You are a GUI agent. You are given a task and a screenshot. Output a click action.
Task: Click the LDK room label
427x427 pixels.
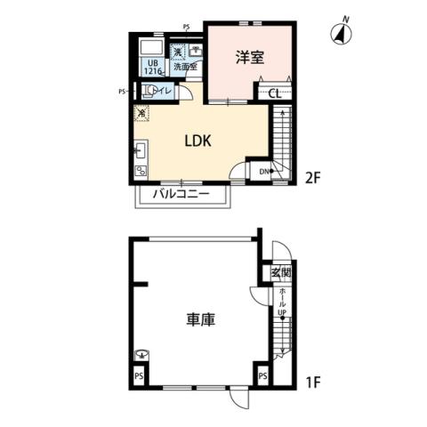pyautogui.click(x=198, y=141)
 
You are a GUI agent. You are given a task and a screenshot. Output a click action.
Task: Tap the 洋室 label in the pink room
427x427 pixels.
pyautogui.click(x=249, y=57)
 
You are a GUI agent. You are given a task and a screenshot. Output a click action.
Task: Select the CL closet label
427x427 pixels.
pyautogui.click(x=275, y=92)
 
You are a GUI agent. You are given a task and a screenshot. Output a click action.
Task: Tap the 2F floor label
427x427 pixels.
pyautogui.click(x=312, y=177)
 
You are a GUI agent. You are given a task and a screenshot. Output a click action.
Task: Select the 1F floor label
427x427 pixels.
pyautogui.click(x=311, y=383)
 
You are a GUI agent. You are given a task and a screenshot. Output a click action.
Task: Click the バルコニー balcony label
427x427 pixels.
pyautogui.click(x=181, y=193)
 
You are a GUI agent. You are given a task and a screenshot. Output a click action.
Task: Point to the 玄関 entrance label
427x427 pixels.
pyautogui.click(x=280, y=272)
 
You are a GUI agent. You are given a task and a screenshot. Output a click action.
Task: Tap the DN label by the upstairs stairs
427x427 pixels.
pyautogui.click(x=264, y=172)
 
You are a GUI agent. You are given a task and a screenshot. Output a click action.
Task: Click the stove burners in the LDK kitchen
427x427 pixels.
pyautogui.click(x=141, y=170)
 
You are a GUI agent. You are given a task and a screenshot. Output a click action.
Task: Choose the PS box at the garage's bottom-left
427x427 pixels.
pyautogui.click(x=139, y=377)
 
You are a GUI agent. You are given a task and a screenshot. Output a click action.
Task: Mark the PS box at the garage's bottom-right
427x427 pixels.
pyautogui.click(x=263, y=377)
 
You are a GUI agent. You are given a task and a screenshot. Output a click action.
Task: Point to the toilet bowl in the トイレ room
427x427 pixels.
pyautogui.click(x=149, y=90)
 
